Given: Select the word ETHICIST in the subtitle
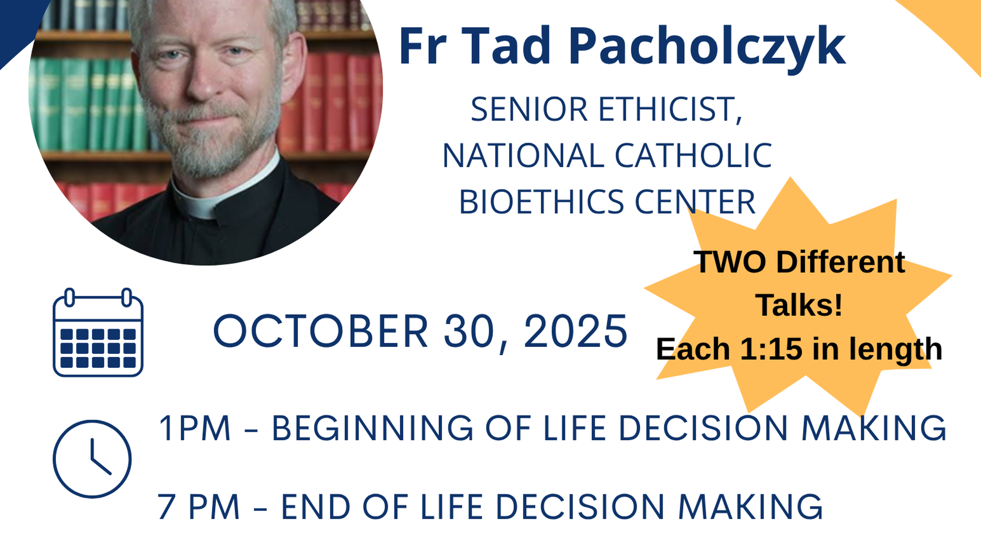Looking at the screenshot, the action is click(x=670, y=110).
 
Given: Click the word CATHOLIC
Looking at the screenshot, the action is click(x=693, y=156).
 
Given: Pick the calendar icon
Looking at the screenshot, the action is click(x=98, y=332).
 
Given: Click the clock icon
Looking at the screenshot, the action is click(x=92, y=459).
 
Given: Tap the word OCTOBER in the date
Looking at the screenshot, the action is click(x=320, y=331).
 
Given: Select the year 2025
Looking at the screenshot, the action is click(x=575, y=331).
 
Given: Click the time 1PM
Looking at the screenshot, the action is click(x=195, y=428).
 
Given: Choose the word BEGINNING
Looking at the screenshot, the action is click(x=372, y=428).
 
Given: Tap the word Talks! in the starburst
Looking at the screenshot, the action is click(x=799, y=305).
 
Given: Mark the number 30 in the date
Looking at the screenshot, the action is click(x=469, y=331).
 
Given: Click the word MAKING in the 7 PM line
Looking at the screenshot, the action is click(x=750, y=507).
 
